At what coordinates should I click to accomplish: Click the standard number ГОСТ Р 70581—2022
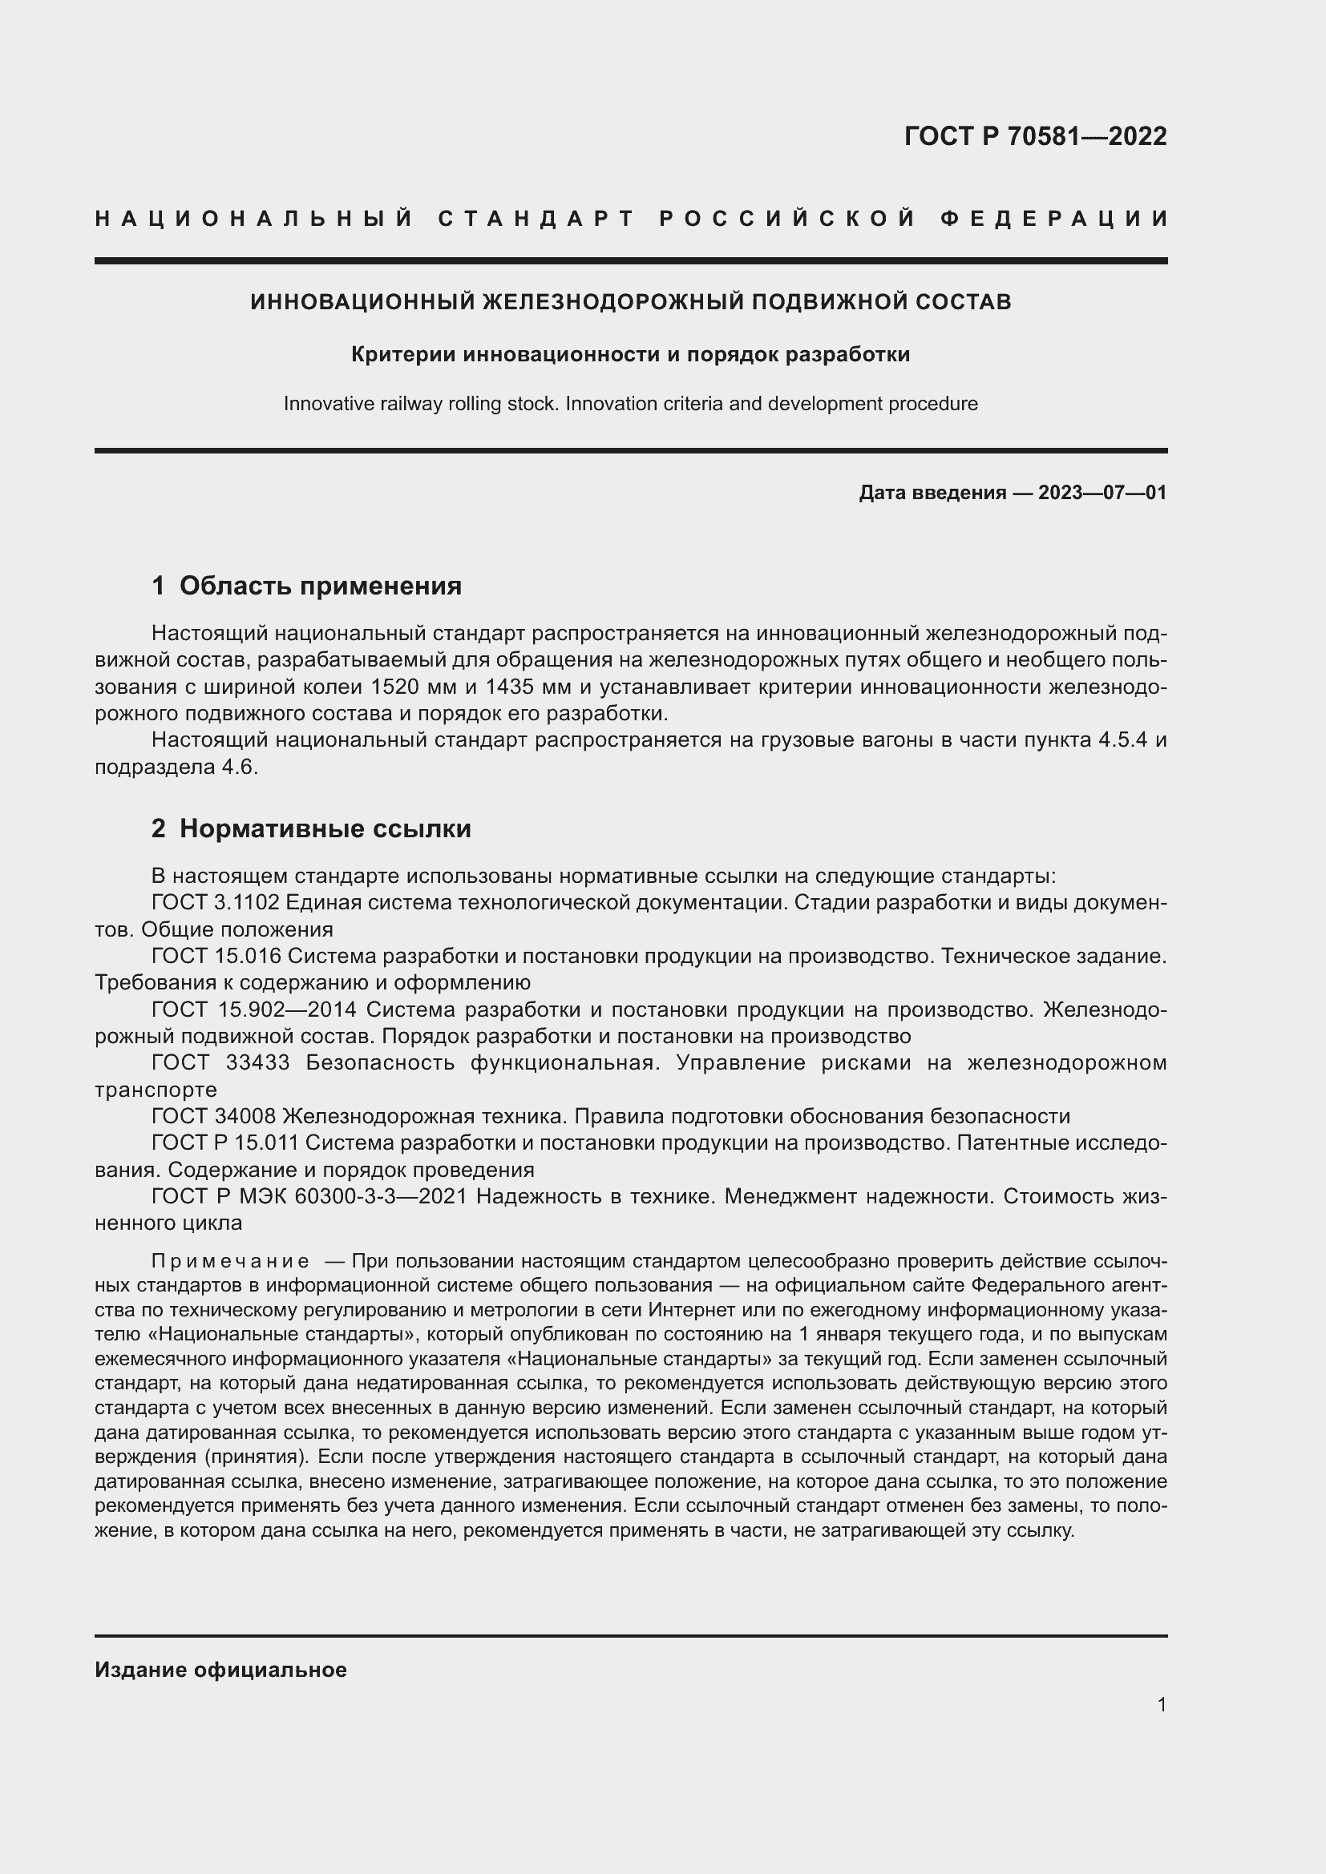1035,136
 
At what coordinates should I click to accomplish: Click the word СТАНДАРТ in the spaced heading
536,219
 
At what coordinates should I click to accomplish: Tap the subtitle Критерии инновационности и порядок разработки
630,354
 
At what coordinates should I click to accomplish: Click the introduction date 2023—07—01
1102,492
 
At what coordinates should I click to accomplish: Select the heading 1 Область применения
306,585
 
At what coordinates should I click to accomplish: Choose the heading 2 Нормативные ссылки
311,828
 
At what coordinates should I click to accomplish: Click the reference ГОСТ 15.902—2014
253,1009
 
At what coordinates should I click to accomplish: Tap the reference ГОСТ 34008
213,1116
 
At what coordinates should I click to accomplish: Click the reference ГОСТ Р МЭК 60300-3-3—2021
309,1195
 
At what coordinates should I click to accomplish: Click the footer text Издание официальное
220,1670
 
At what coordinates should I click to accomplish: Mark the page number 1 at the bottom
1161,1704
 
